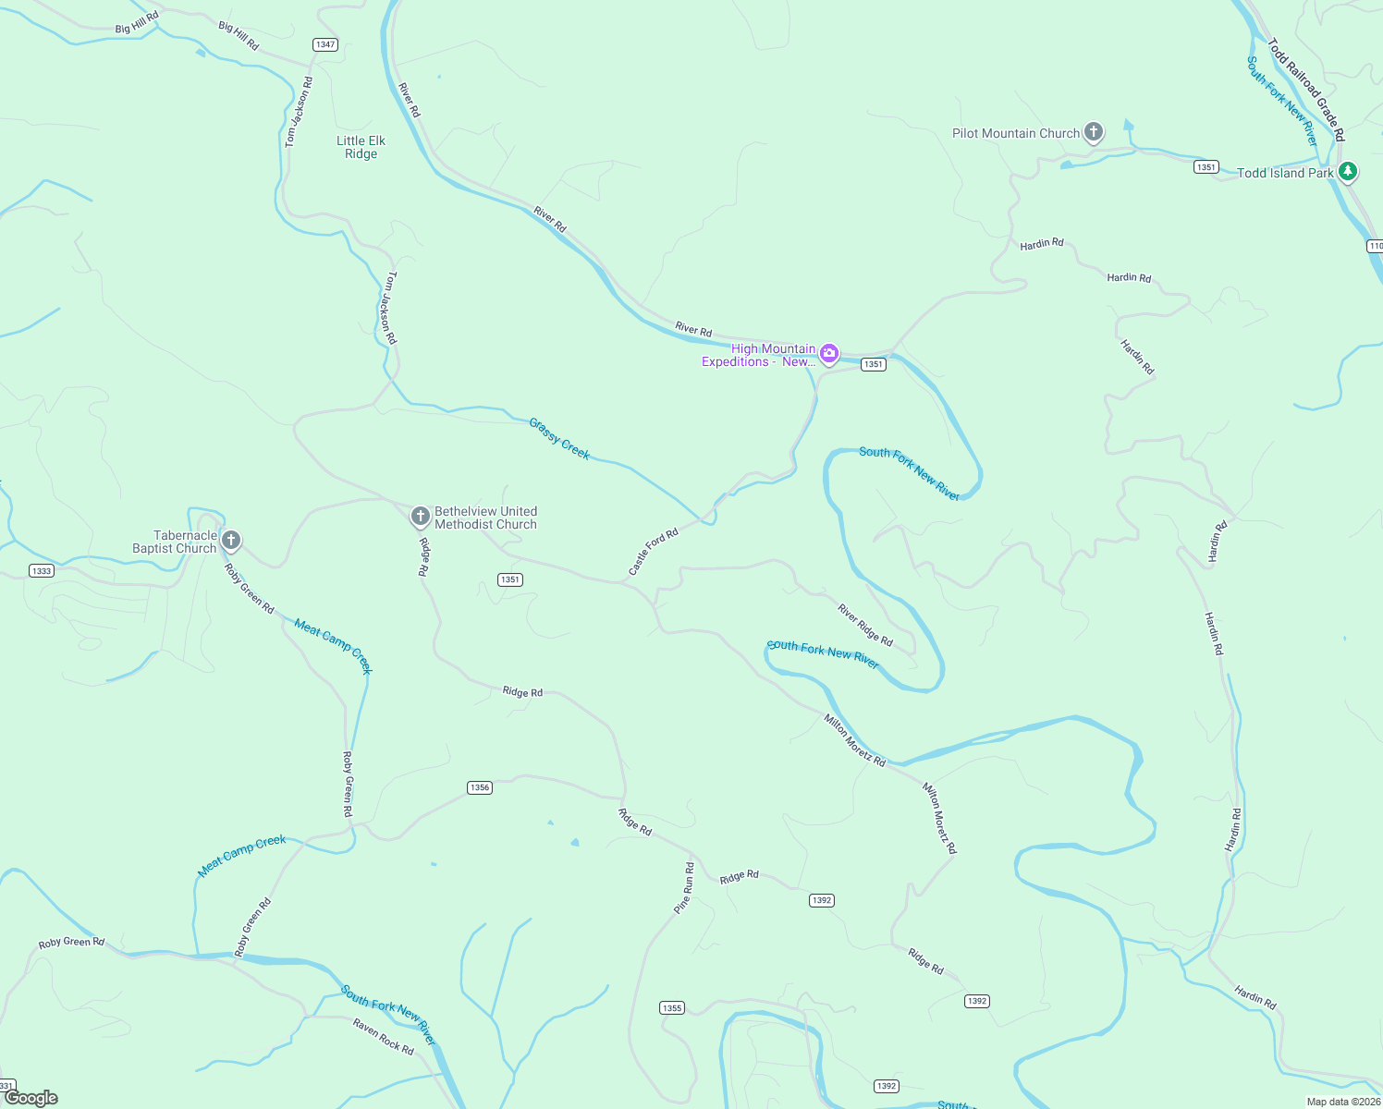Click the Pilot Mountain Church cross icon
[1094, 132]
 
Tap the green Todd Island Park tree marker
[1348, 171]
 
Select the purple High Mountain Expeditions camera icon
[829, 353]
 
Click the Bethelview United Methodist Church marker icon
[420, 516]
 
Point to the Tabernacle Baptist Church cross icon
[231, 540]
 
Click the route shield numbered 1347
[324, 44]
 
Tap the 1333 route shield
[41, 571]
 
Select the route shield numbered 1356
[479, 787]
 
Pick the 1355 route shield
[672, 1007]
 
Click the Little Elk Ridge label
[361, 147]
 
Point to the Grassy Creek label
[559, 438]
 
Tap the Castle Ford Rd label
[653, 552]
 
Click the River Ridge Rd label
[865, 625]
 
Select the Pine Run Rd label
[684, 888]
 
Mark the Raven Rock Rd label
[383, 1036]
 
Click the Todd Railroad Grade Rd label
[1305, 89]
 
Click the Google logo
[31, 1098]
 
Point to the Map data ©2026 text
[1342, 1102]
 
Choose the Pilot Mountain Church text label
[1016, 133]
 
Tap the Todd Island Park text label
[1285, 173]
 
